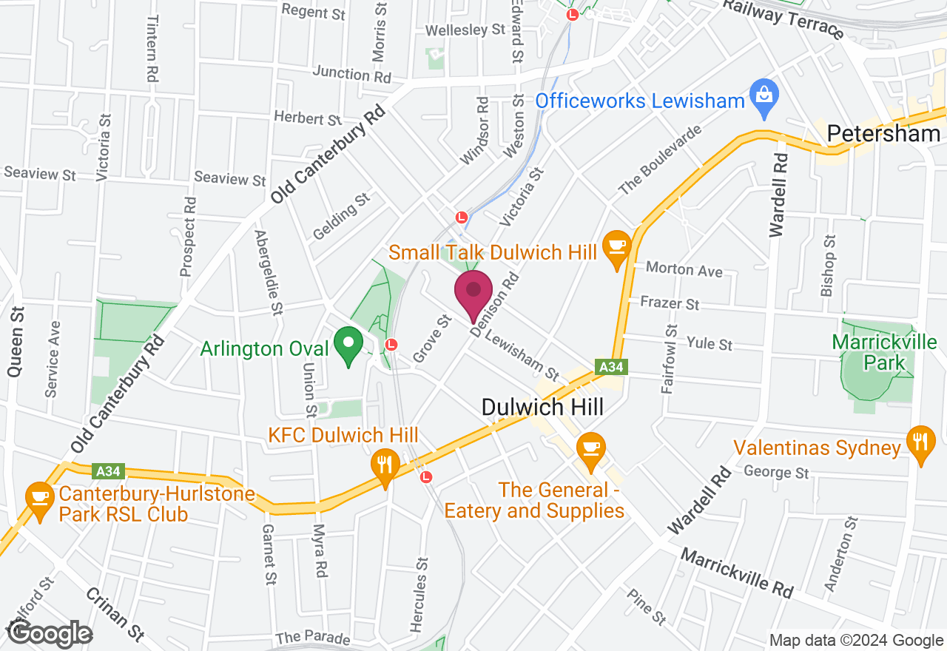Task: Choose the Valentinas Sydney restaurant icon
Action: (x=920, y=443)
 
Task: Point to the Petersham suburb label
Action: (x=883, y=134)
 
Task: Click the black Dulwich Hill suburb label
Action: (x=542, y=407)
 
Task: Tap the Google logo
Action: (x=50, y=633)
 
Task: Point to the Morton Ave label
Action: (x=684, y=269)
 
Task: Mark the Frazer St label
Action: (x=670, y=303)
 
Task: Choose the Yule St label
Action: (x=710, y=343)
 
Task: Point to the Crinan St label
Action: (x=115, y=613)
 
